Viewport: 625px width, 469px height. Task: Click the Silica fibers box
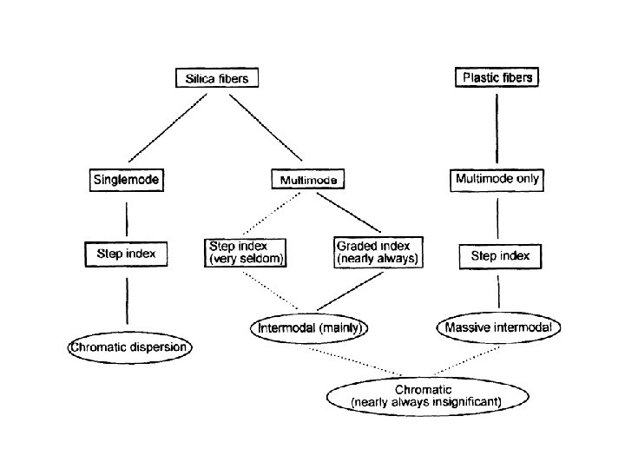pos(217,78)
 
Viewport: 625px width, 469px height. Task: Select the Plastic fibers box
pos(497,77)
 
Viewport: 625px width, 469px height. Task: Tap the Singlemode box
pos(127,181)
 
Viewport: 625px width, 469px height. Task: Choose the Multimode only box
pos(497,180)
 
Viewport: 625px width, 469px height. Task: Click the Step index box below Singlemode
pos(127,254)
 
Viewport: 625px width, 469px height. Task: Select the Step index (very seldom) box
pos(247,252)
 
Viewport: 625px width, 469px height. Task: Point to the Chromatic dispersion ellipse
pos(130,348)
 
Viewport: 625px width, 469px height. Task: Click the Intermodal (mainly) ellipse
pos(310,328)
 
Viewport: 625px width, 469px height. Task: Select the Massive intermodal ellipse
pos(498,327)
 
